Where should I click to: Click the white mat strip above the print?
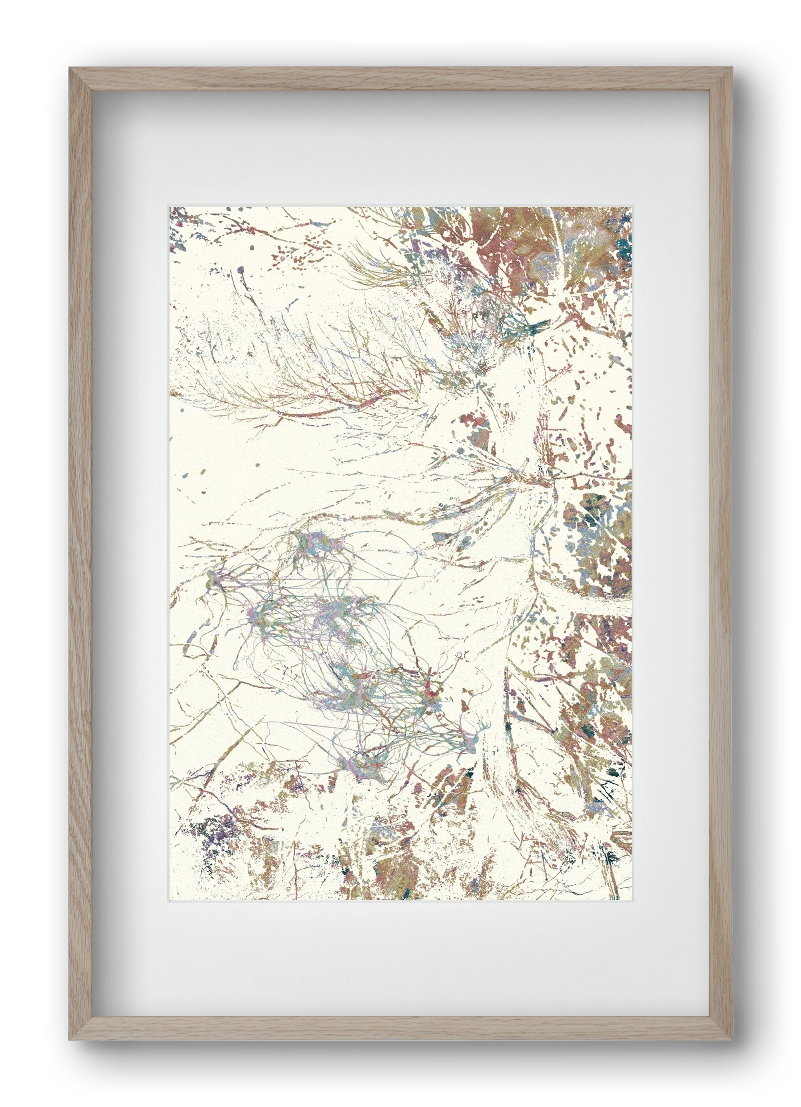pyautogui.click(x=400, y=146)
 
